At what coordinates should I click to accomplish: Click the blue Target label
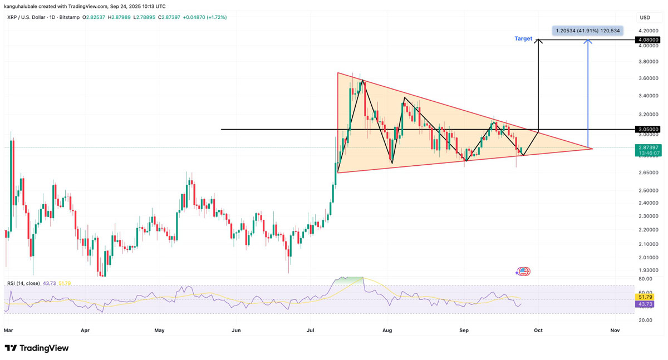pyautogui.click(x=523, y=39)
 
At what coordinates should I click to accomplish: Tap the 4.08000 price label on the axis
pyautogui.click(x=649, y=40)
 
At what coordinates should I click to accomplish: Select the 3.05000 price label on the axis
pyautogui.click(x=649, y=130)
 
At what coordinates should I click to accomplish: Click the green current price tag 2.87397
pyautogui.click(x=649, y=147)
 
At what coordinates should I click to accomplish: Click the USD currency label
pyautogui.click(x=645, y=18)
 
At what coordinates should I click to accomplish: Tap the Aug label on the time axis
pyautogui.click(x=387, y=331)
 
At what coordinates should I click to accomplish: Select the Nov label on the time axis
pyautogui.click(x=615, y=331)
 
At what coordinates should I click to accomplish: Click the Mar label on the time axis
pyautogui.click(x=8, y=331)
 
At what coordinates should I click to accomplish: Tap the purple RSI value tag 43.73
pyautogui.click(x=646, y=304)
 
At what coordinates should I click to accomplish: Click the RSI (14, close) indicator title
pyautogui.click(x=23, y=284)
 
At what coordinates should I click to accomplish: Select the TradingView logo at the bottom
pyautogui.click(x=37, y=348)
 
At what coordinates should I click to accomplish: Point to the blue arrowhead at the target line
pyautogui.click(x=588, y=42)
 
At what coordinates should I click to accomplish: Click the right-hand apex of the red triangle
pyautogui.click(x=592, y=149)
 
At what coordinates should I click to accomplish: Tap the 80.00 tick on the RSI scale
pyautogui.click(x=645, y=279)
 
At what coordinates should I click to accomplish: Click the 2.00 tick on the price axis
pyautogui.click(x=649, y=257)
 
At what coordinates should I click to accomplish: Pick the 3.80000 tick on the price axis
pyautogui.click(x=649, y=62)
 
